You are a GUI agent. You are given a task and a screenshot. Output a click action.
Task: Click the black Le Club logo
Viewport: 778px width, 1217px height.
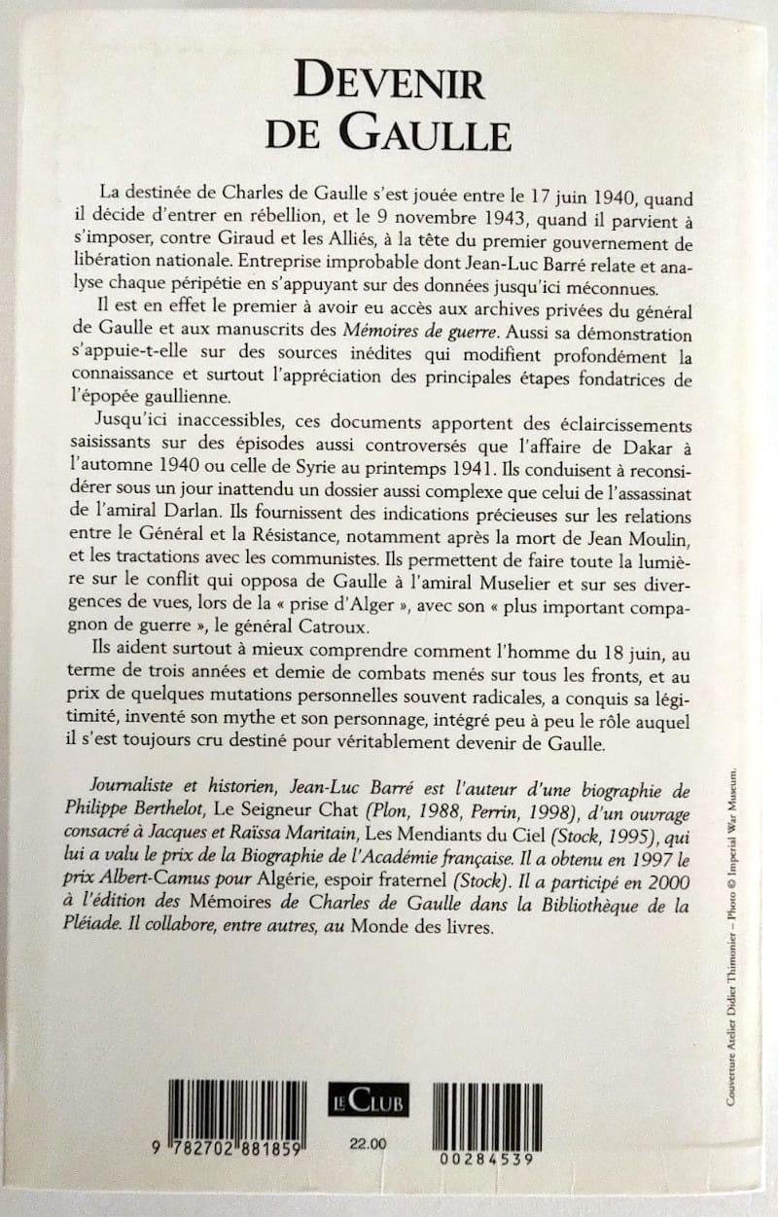click(x=368, y=1099)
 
